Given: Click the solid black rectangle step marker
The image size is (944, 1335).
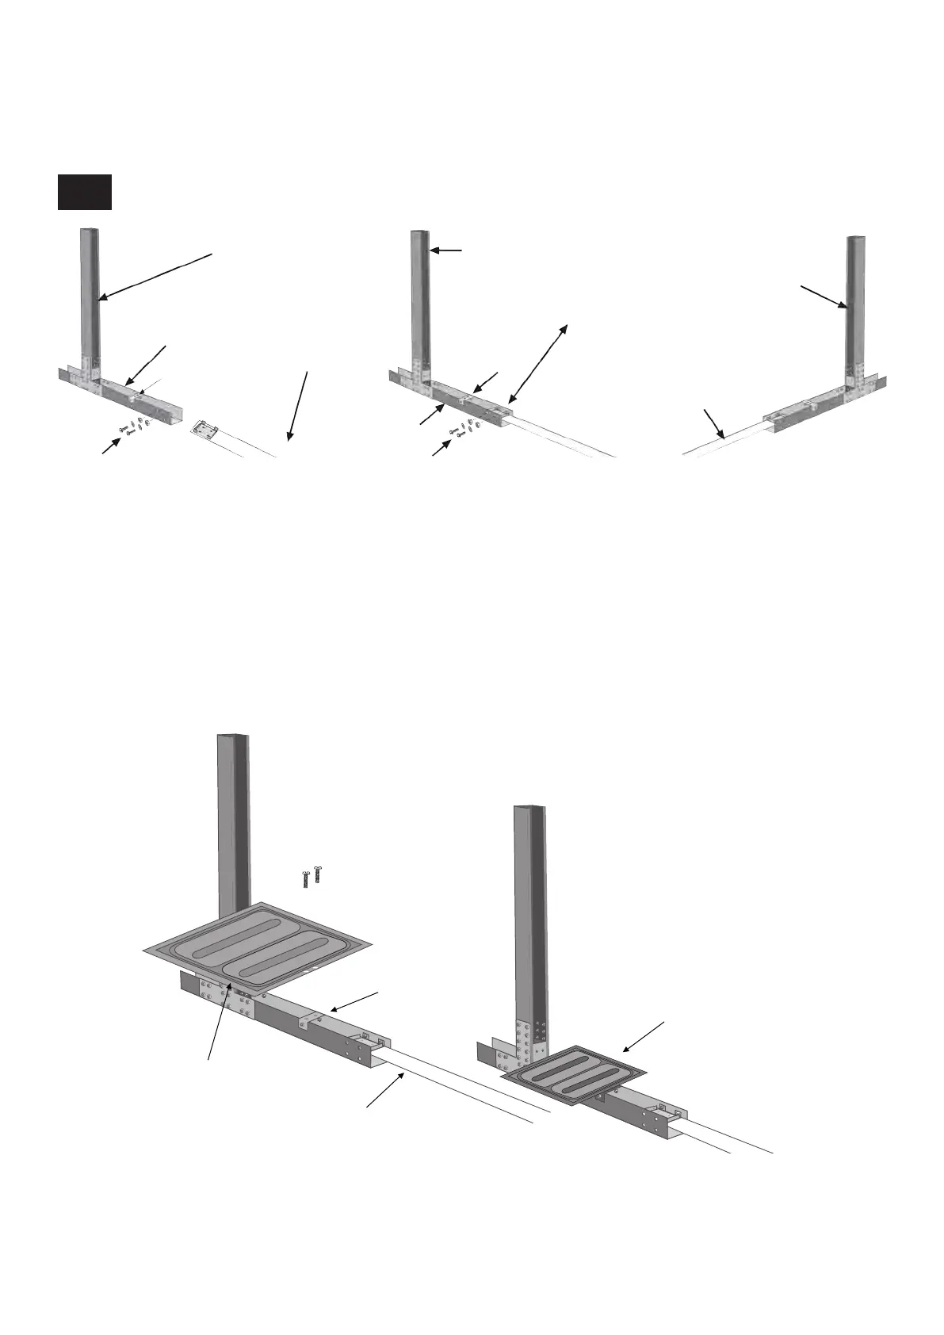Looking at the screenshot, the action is (84, 192).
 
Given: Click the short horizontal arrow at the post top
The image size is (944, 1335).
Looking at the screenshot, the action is (445, 251).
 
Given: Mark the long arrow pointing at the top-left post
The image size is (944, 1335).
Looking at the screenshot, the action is (155, 276).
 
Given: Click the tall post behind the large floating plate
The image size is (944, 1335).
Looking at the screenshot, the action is (233, 817).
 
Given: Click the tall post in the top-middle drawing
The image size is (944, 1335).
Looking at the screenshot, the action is (420, 301).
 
